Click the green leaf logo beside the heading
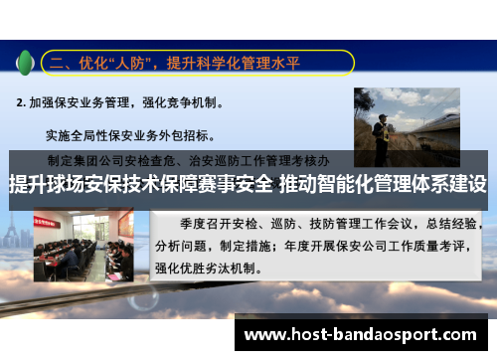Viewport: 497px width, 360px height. pyautogui.click(x=25, y=63)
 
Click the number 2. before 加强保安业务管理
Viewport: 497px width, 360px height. pyautogui.click(x=21, y=101)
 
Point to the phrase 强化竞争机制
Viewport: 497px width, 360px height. pyautogui.click(x=188, y=101)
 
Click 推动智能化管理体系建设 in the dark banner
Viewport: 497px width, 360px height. pyautogui.click(x=384, y=185)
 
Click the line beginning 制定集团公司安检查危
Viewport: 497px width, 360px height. pyautogui.click(x=189, y=159)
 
